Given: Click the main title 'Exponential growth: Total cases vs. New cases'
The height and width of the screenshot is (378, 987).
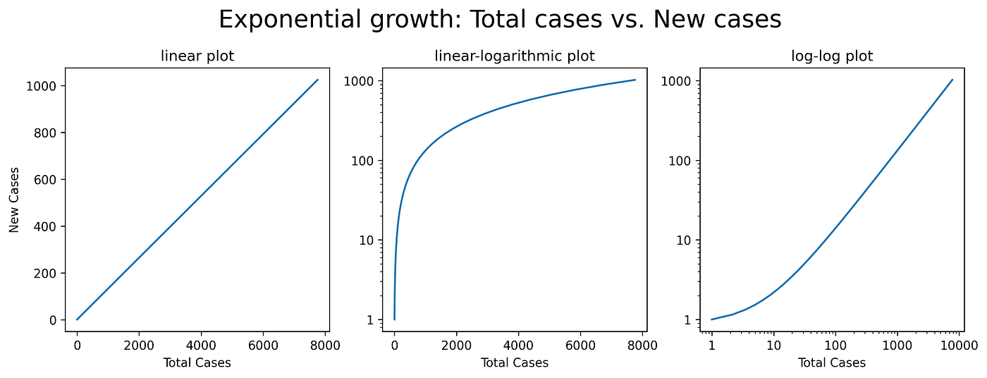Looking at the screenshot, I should coord(500,20).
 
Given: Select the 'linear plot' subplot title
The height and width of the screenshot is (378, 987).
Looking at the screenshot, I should coord(197,56).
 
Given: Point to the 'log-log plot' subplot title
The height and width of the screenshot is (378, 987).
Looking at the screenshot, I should coord(832,56).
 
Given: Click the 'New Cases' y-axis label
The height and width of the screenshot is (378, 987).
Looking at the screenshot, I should coord(14,200).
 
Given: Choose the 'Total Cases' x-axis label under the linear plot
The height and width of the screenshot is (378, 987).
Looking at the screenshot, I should coord(197,363).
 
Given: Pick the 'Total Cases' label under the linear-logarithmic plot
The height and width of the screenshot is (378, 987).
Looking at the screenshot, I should coord(515,363).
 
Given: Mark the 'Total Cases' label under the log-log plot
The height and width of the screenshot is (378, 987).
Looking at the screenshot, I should coord(832,363).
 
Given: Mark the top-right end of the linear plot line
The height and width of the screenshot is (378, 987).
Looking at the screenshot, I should coord(318,80).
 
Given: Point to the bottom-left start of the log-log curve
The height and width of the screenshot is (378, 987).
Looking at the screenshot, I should coord(712,319).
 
